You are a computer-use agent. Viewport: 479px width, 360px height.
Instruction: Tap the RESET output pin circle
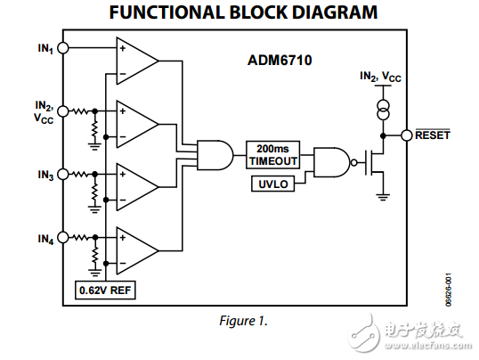pos(407,135)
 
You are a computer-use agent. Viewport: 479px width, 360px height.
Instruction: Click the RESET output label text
pos(433,135)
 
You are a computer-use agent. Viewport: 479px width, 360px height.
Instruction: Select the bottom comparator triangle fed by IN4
pos(136,248)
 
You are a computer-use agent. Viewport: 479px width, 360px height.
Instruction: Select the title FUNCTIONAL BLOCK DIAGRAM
pos(240,12)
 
